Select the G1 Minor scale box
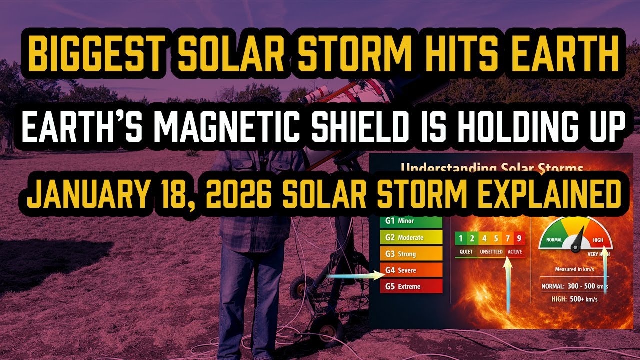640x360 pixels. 411,221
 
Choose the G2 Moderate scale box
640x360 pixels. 411,237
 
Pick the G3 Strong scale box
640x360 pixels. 411,254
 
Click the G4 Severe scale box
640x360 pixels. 411,270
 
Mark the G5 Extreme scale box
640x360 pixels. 411,287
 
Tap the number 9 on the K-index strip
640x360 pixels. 519,239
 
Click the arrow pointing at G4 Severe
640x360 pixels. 350,274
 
